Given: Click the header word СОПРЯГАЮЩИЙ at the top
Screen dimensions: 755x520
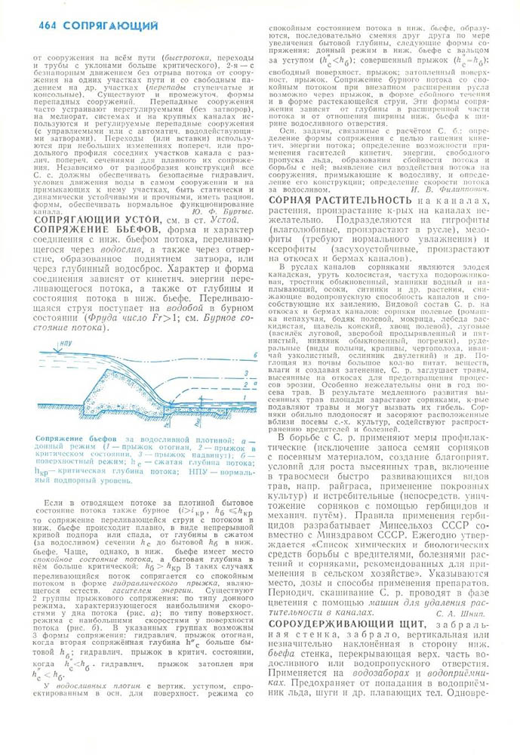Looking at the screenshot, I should click(111, 26).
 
